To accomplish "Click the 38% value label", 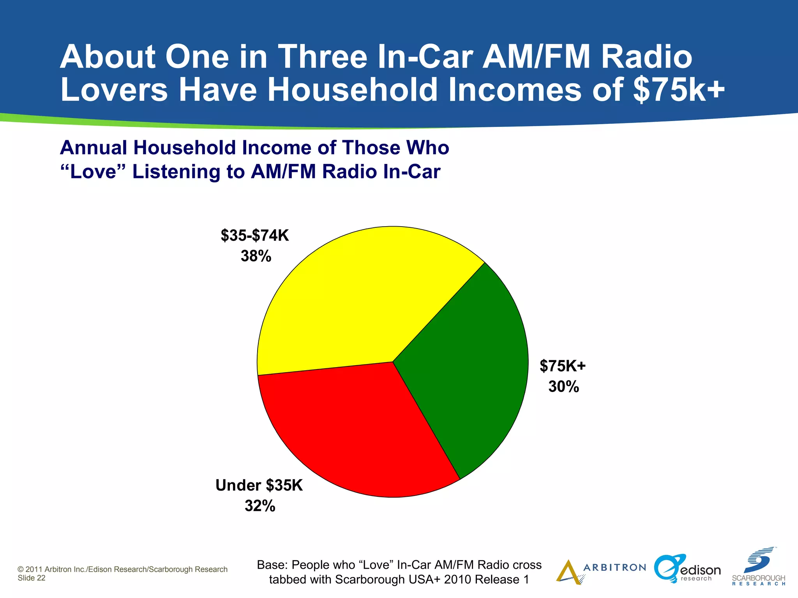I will coord(256,256).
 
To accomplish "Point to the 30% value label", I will coord(563,387).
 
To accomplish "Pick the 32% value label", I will coord(260,506).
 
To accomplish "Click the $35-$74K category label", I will coord(255,236).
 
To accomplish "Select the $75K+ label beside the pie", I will coord(563,366).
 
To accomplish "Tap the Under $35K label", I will coord(259,485).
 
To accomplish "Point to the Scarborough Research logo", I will coord(759,566).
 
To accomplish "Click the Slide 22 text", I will coord(32,578).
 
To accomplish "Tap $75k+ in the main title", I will coord(679,90).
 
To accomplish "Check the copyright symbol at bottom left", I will coord(21,570).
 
